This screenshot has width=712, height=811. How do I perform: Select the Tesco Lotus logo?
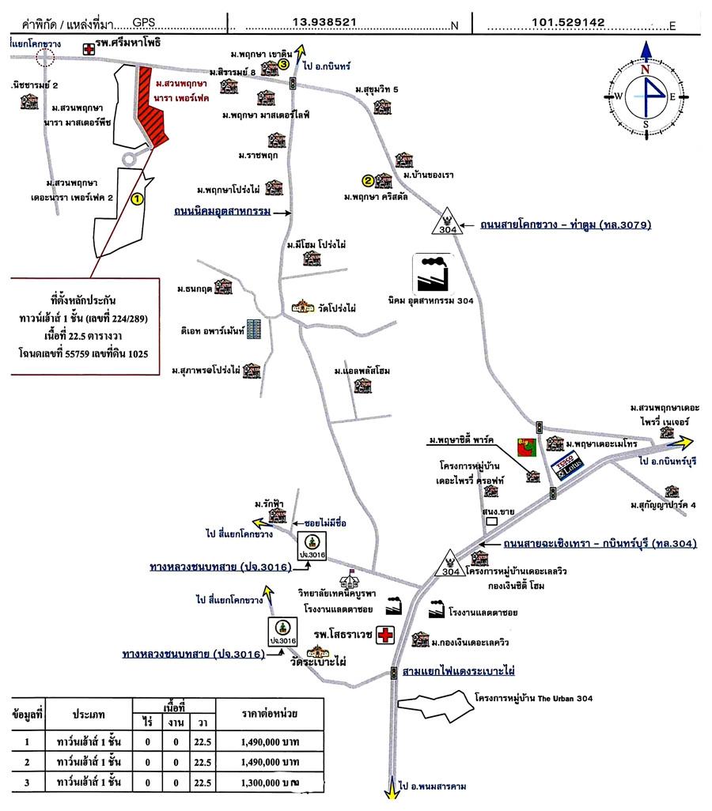click(x=566, y=467)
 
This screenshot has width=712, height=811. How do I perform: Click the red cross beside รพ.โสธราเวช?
click(x=385, y=635)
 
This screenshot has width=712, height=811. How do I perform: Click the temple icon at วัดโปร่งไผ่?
click(x=302, y=307)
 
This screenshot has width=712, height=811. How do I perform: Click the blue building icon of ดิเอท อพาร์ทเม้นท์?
click(x=253, y=328)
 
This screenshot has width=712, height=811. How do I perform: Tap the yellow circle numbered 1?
click(x=137, y=200)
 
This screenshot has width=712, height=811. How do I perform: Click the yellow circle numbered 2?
click(x=368, y=179)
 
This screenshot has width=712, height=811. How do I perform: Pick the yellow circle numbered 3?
click(x=282, y=66)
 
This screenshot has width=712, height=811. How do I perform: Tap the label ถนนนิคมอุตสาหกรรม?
click(x=222, y=213)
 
